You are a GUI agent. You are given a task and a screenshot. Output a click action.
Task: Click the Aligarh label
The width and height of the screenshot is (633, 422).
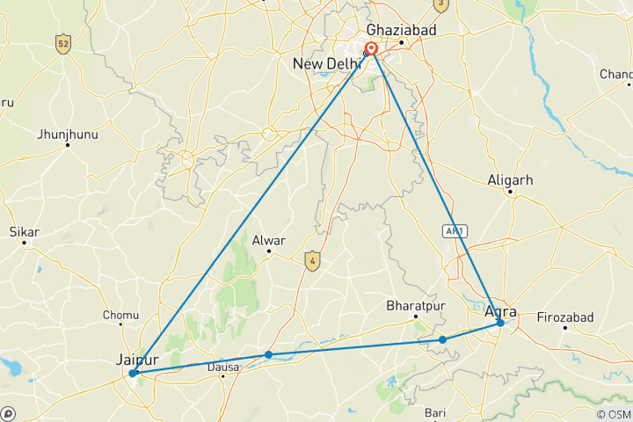click(510, 180)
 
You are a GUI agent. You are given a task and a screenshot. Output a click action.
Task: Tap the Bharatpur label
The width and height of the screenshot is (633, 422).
click(412, 306)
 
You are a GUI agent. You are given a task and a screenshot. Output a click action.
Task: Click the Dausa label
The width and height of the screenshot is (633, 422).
click(223, 366)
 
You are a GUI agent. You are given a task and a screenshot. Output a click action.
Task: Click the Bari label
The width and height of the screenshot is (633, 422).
click(435, 411)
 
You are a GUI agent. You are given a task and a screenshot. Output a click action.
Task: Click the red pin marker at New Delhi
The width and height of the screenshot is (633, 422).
click(372, 50)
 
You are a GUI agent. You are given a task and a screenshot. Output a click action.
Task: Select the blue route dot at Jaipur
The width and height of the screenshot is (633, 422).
click(133, 374)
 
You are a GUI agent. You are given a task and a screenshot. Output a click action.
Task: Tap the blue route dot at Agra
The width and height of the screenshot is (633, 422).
click(500, 323)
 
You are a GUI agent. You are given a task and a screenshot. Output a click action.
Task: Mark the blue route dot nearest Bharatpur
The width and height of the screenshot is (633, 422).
click(443, 339)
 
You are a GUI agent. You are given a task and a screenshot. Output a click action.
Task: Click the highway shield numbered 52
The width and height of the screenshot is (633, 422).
click(62, 43)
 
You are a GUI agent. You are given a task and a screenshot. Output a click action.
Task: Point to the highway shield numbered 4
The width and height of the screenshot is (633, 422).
click(311, 259)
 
